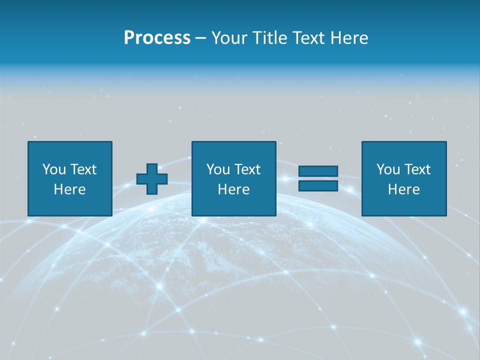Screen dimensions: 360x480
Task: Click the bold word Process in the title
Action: pos(157,38)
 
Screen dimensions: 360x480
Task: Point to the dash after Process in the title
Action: pos(201,38)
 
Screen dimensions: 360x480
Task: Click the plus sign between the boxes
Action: pos(152,179)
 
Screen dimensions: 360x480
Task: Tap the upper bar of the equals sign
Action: pos(318,171)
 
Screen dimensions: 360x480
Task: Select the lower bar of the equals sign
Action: pos(318,185)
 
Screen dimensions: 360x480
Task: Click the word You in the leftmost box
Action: pos(54,169)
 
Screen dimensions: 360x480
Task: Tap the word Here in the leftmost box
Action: pos(69,189)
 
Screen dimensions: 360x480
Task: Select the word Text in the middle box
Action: pos(247,169)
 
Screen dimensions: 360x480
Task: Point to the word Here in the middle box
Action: pos(233,189)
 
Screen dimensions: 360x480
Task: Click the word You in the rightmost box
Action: pos(388,169)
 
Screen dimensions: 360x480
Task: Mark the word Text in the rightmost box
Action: pos(417,169)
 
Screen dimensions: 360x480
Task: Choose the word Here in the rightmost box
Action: pos(403,189)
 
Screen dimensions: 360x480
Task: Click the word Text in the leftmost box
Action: pos(83,169)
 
